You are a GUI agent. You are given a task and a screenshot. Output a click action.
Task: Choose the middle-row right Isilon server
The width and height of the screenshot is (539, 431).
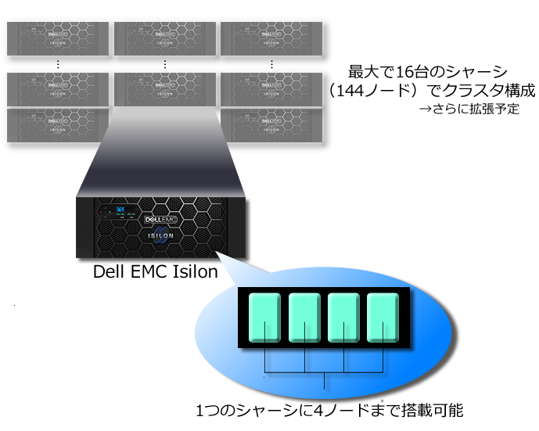(271, 87)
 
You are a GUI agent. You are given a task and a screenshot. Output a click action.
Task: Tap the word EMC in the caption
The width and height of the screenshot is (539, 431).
(146, 271)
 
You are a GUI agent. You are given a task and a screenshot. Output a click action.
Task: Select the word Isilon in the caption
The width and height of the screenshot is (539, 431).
(192, 271)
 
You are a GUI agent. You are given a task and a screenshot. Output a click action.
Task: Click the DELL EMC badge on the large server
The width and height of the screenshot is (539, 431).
(163, 220)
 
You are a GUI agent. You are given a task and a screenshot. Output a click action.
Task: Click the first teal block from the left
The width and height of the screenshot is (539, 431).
(265, 318)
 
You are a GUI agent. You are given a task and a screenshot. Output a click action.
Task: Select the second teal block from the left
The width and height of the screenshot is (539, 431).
(305, 318)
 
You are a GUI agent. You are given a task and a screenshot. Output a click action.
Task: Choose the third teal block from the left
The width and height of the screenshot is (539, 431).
(344, 318)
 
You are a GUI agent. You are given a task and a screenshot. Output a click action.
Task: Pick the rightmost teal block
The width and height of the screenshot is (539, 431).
(383, 318)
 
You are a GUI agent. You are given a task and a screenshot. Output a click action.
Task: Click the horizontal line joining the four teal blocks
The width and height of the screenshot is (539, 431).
(324, 372)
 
